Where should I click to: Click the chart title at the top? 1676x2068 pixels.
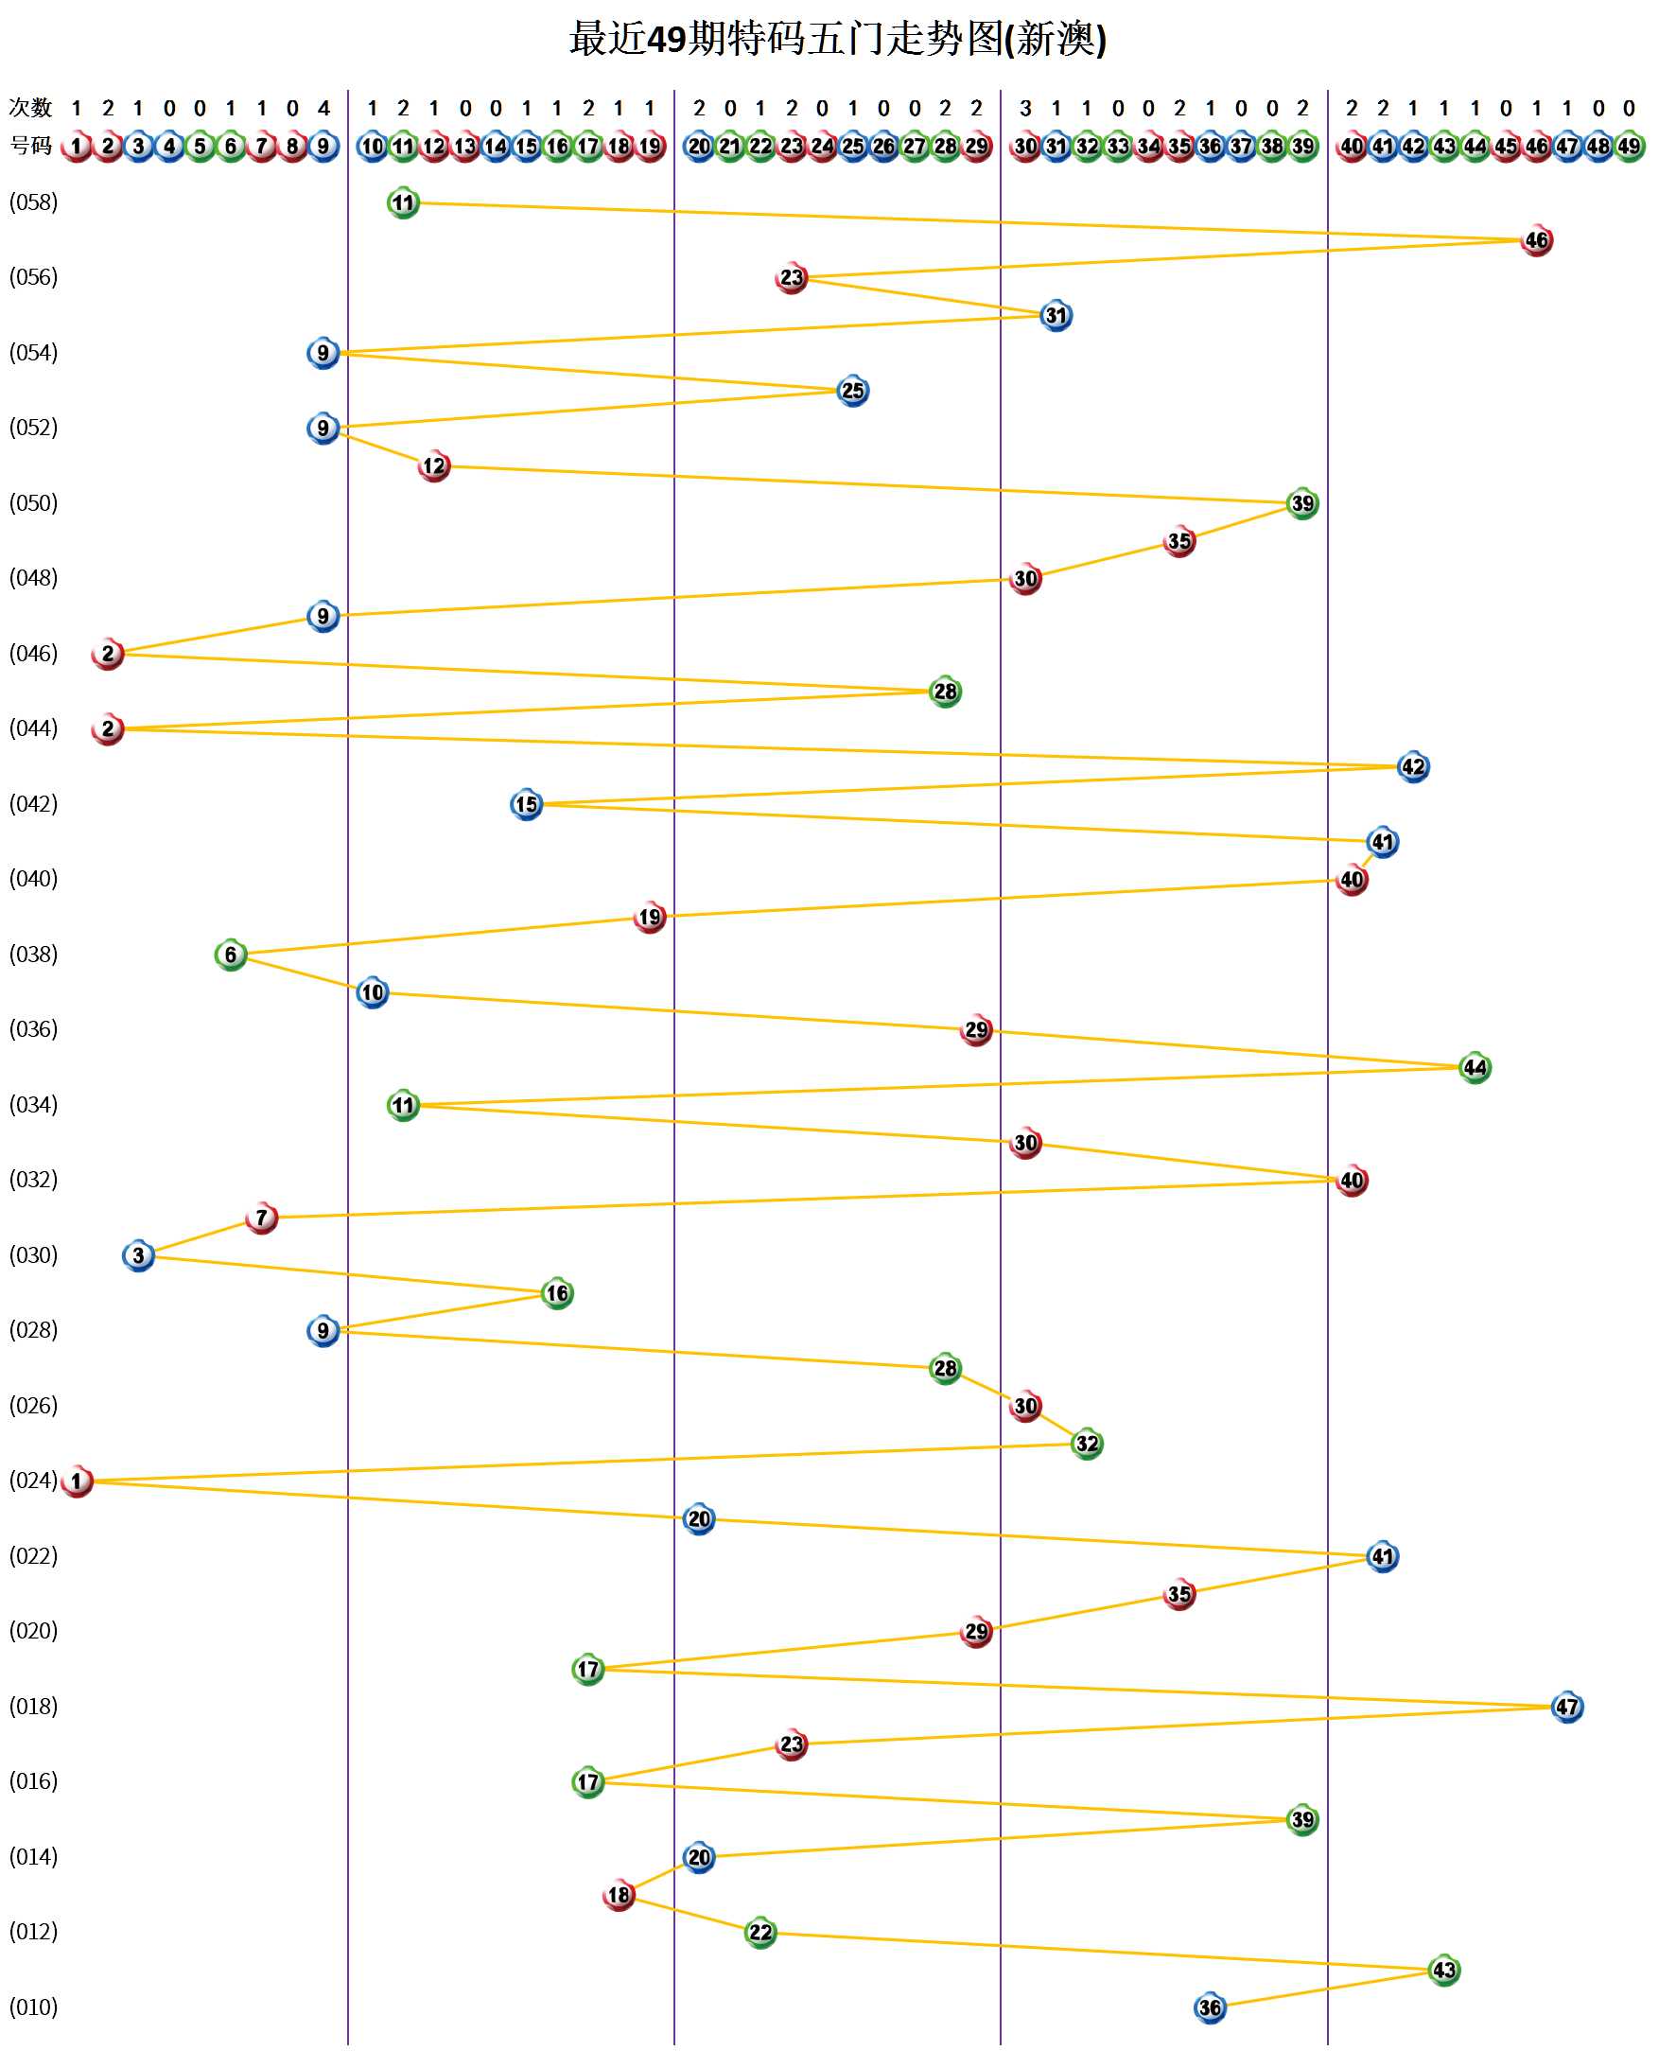tap(837, 40)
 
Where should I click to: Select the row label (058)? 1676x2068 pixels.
tap(34, 202)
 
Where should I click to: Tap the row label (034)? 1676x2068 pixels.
tap(34, 1104)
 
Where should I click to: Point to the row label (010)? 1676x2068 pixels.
tap(34, 2007)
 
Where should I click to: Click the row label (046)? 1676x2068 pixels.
tap(34, 654)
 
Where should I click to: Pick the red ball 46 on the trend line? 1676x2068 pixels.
tap(1536, 240)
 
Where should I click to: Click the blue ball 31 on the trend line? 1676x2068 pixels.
tap(1056, 316)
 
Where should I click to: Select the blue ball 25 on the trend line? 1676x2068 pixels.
tap(852, 391)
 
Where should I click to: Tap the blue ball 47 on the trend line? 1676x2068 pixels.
tap(1567, 1707)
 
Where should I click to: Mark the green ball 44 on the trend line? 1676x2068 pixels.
tap(1475, 1068)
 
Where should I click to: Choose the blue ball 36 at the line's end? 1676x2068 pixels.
tap(1210, 2008)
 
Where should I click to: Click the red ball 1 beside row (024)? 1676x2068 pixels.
tap(78, 1481)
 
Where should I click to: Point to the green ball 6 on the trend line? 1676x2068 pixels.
tap(231, 955)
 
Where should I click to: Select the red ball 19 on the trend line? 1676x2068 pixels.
tap(650, 918)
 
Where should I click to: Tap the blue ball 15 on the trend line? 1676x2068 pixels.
tap(526, 804)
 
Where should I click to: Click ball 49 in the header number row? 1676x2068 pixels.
tap(1629, 147)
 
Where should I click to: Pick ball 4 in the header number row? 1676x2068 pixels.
tap(170, 147)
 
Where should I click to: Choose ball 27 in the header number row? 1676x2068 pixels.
tap(915, 147)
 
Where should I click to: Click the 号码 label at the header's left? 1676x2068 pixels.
tap(31, 146)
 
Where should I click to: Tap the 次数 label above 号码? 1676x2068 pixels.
tap(31, 107)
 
